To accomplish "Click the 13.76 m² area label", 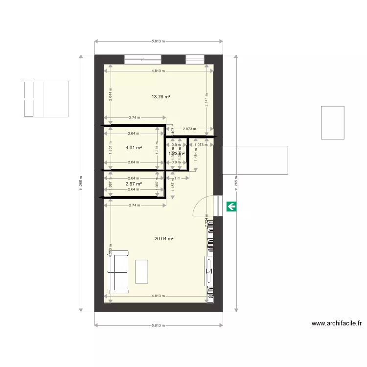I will [161, 97].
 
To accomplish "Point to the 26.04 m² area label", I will [164, 239].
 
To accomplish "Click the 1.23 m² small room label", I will [176, 154].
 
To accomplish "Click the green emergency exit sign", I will [231, 206].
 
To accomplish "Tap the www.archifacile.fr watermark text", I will [337, 323].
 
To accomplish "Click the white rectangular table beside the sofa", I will [141, 271].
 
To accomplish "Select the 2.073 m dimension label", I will [190, 129].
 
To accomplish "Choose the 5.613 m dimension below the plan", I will [159, 325].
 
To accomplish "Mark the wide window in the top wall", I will [143, 60].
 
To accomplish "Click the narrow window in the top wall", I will [195, 60].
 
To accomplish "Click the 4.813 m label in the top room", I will [158, 71].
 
